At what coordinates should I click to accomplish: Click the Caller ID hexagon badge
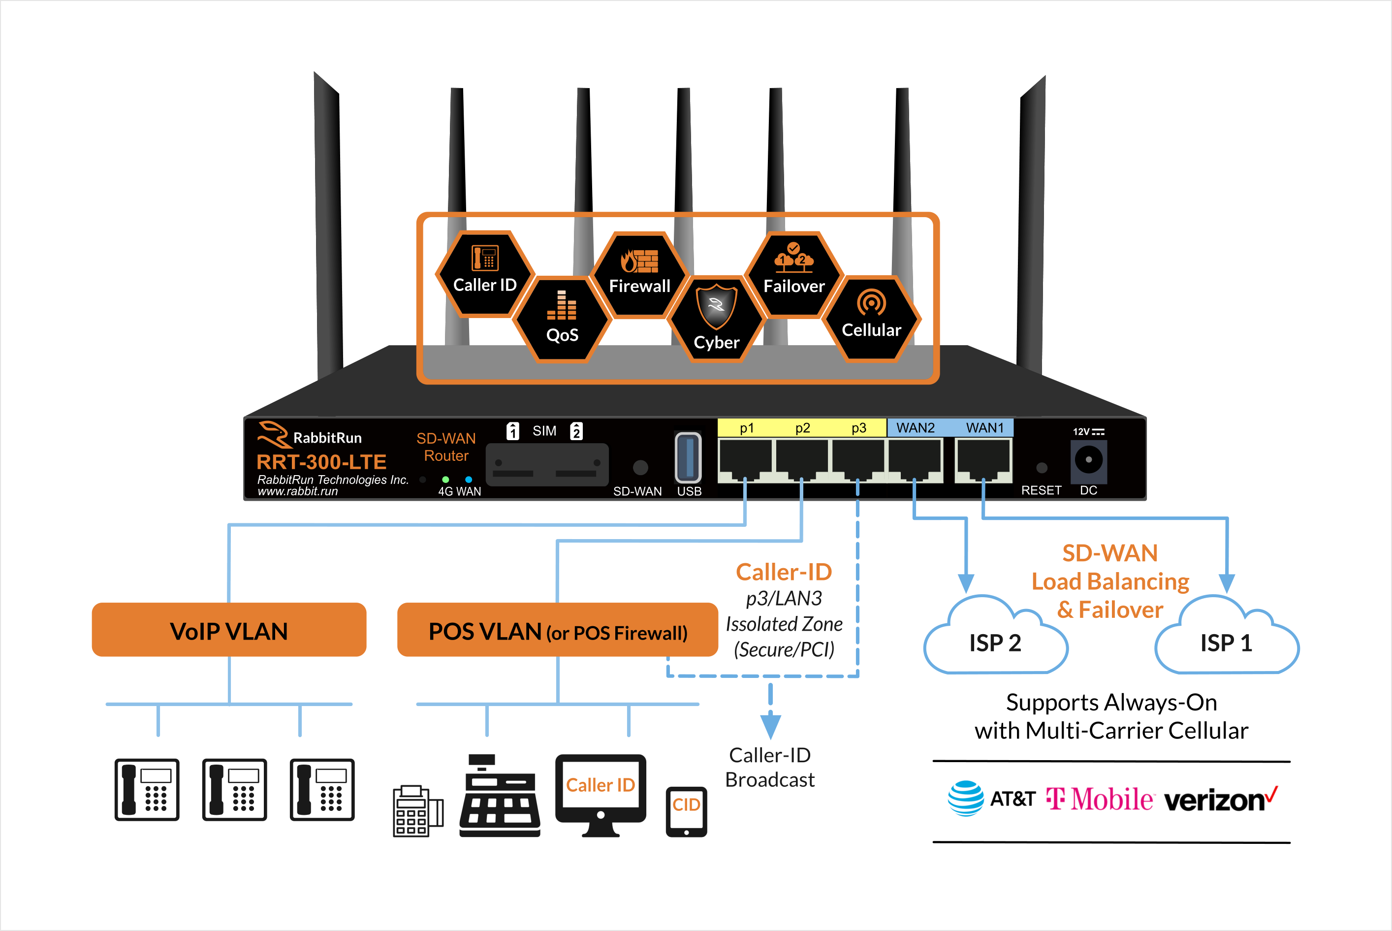[485, 274]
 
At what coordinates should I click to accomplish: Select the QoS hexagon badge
[562, 319]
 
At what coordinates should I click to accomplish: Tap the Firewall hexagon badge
[639, 274]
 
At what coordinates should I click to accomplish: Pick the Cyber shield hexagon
[717, 320]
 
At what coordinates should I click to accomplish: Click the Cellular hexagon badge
[871, 319]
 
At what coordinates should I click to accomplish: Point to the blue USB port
[688, 457]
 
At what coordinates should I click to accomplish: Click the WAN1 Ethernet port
[983, 461]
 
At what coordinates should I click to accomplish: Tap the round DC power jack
[1089, 459]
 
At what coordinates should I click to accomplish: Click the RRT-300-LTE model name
[321, 461]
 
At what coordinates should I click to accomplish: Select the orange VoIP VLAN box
[229, 630]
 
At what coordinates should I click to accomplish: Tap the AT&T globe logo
[966, 798]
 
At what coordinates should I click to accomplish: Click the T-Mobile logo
[1099, 799]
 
